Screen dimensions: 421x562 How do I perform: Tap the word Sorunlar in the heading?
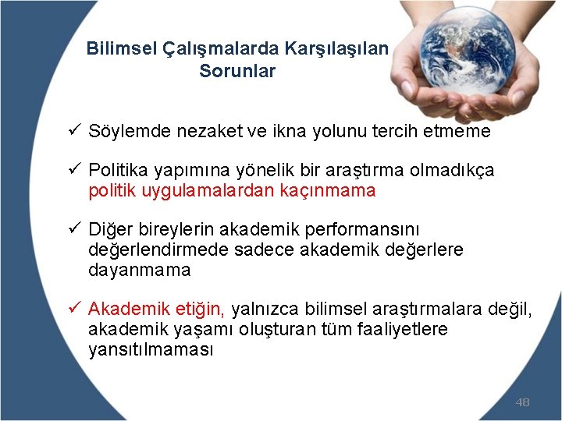pos(237,72)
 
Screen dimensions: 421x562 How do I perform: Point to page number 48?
pos(522,402)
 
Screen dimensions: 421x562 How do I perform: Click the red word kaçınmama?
pos(331,190)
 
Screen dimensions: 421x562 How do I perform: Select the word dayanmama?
pos(139,271)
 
